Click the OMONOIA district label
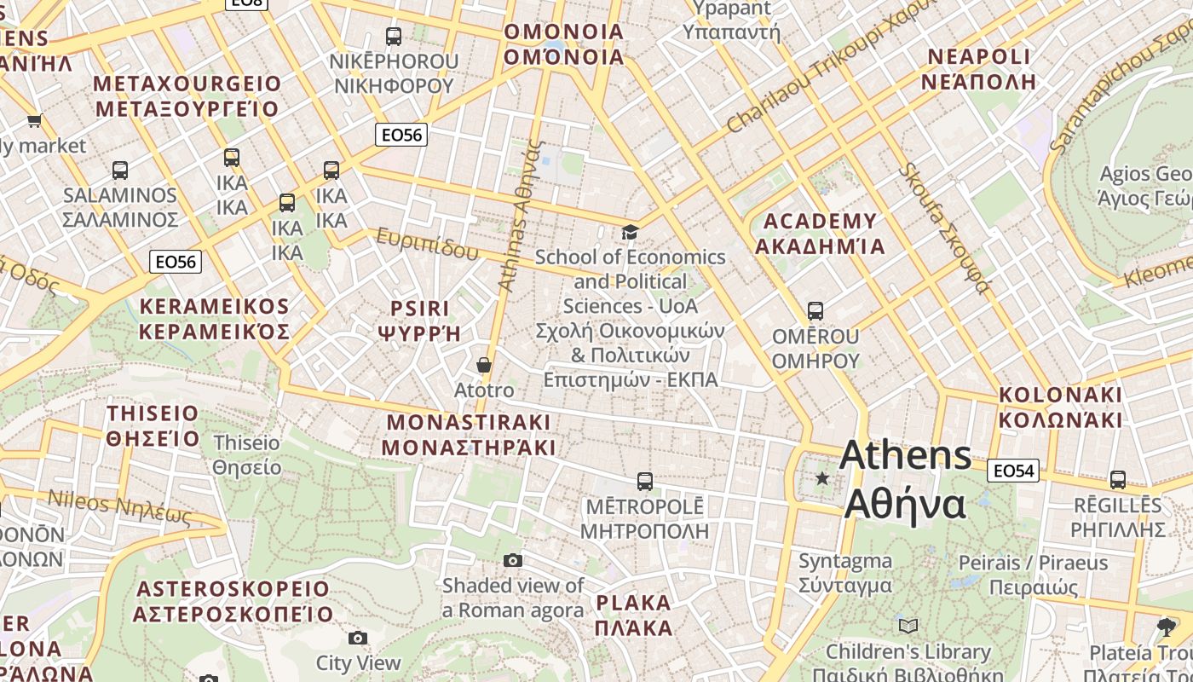tap(563, 44)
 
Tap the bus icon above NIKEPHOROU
tap(393, 37)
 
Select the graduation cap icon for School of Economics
tap(630, 232)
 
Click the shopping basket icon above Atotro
tap(484, 365)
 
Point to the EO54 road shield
tap(1013, 471)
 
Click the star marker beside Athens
tap(822, 478)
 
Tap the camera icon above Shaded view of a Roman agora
tap(512, 560)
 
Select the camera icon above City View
tap(358, 638)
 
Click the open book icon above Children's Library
tap(908, 627)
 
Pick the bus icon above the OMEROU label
tap(816, 311)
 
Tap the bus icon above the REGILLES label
tap(1117, 480)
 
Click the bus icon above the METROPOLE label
tap(645, 482)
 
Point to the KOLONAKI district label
tap(1060, 407)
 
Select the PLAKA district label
tap(634, 616)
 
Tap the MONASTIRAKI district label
tap(468, 435)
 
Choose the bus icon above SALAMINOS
tap(120, 170)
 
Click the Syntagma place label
tap(845, 573)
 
